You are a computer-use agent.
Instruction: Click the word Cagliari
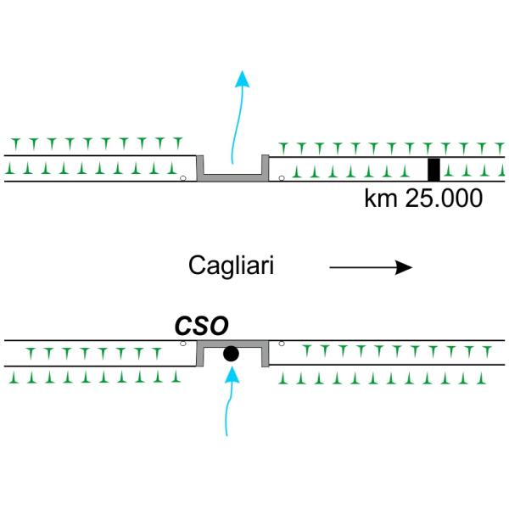231,267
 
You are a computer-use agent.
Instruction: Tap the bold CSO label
201,325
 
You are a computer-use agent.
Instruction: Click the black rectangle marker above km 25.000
433,169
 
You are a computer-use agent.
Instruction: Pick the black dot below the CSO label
230,354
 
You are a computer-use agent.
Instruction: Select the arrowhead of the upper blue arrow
243,79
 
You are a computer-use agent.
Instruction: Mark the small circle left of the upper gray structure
183,177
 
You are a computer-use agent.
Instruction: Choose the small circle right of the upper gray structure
282,177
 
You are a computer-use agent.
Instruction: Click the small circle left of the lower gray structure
183,344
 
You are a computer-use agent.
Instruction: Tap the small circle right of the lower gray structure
282,344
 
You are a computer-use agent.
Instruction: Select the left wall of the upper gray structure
200,167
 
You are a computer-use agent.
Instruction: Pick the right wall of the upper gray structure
265,167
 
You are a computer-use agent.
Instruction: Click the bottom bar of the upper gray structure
232,176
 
